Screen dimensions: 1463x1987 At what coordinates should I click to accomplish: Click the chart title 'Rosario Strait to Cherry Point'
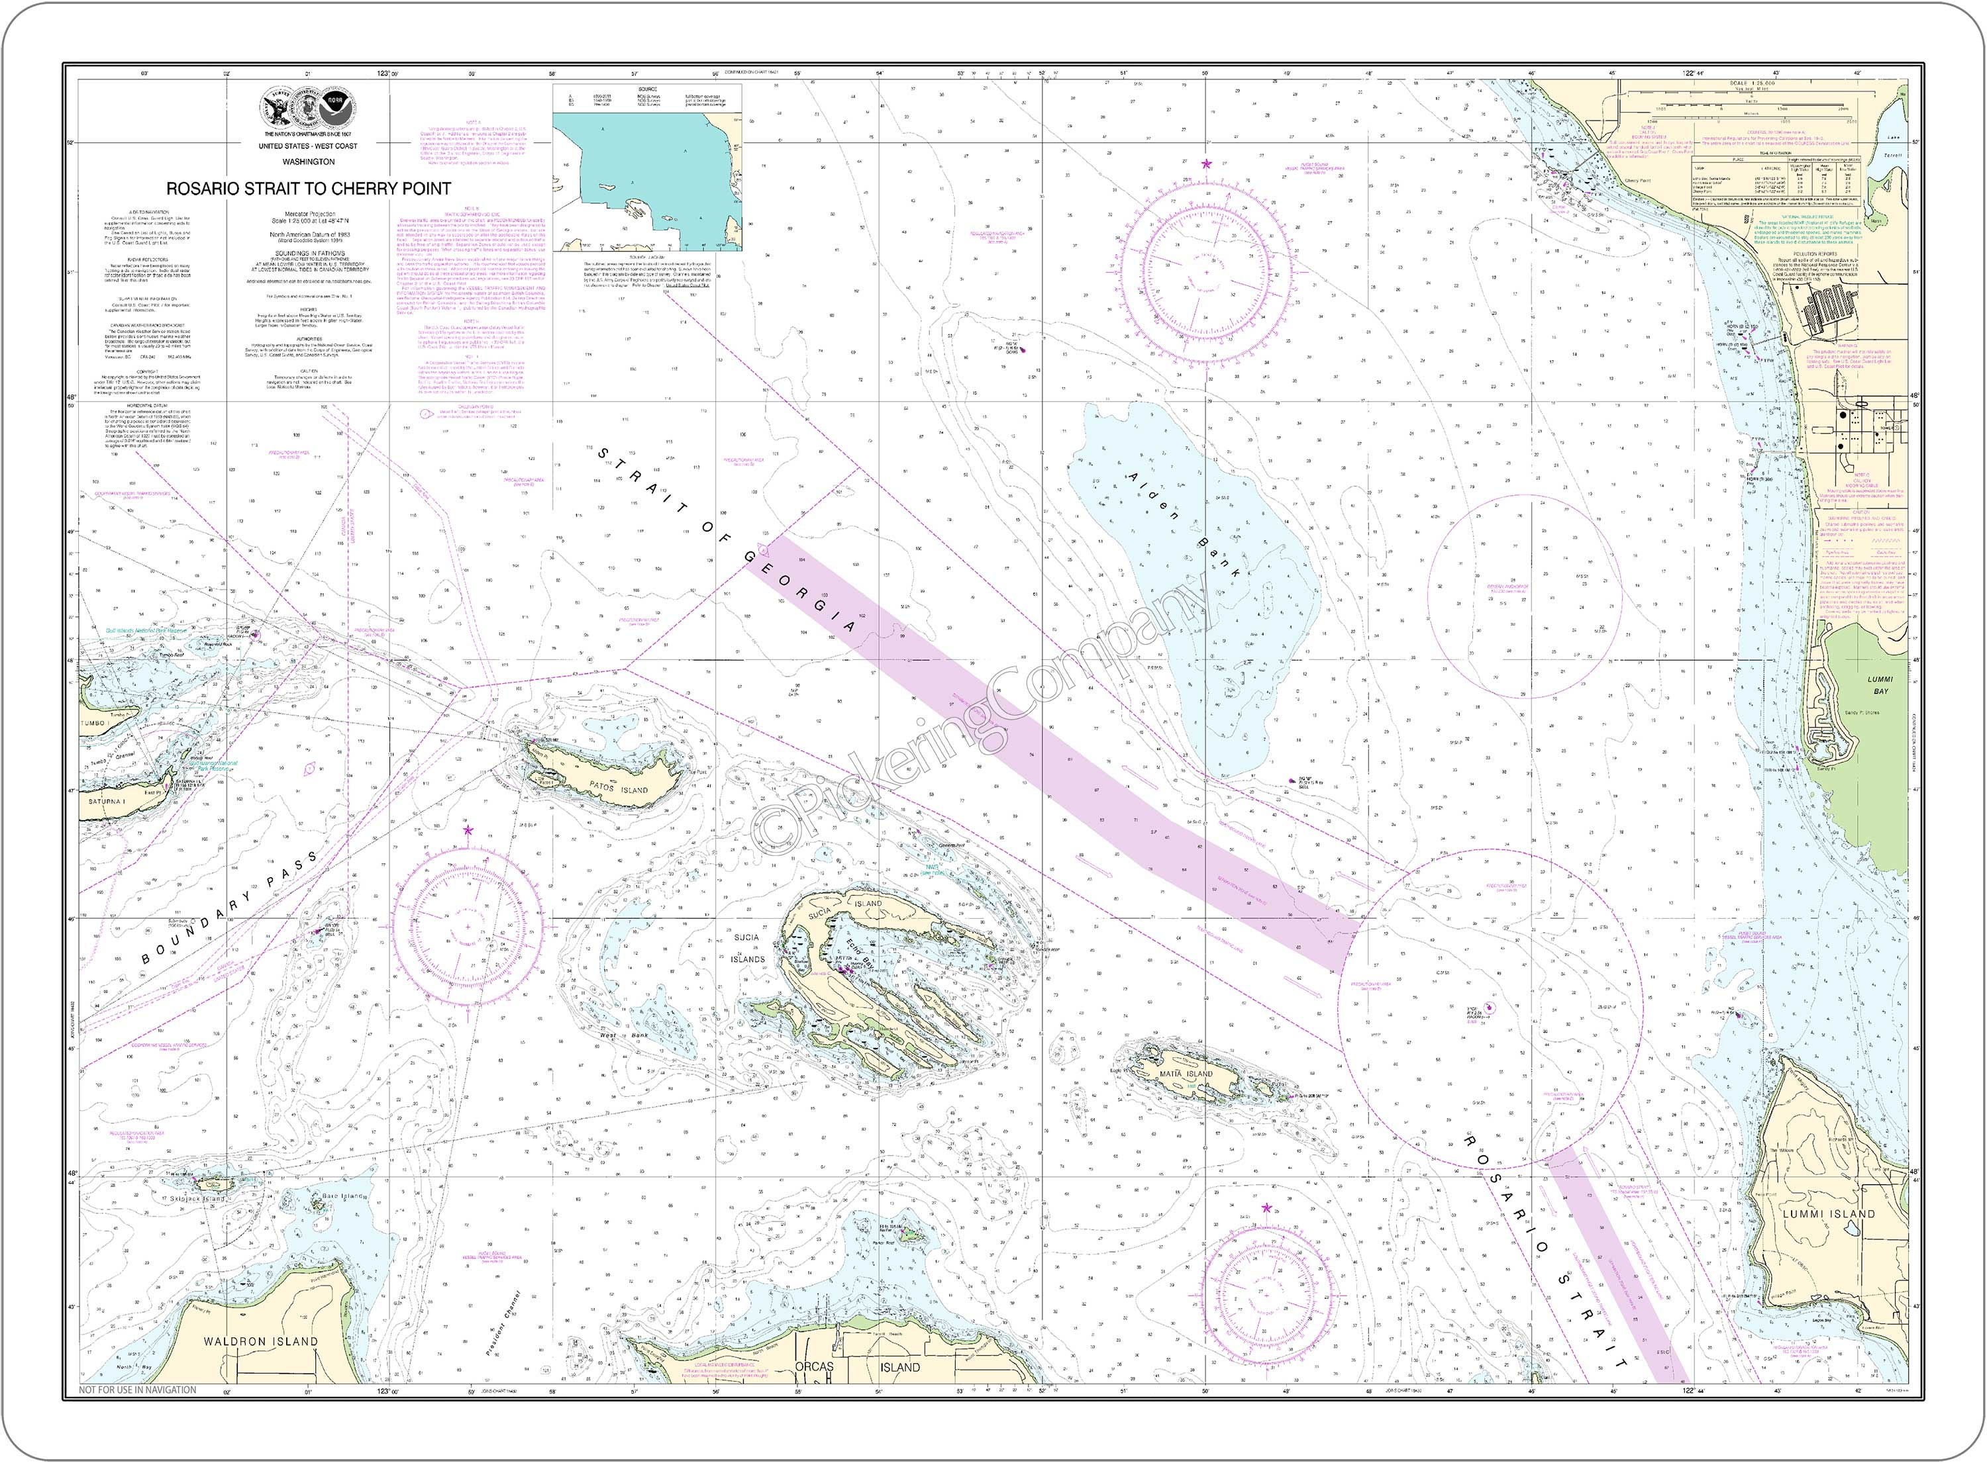(308, 189)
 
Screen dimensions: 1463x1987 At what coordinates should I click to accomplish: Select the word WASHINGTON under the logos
(308, 162)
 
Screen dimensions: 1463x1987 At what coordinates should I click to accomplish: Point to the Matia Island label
(1187, 1073)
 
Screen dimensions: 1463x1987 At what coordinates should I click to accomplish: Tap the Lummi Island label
(1829, 1214)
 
